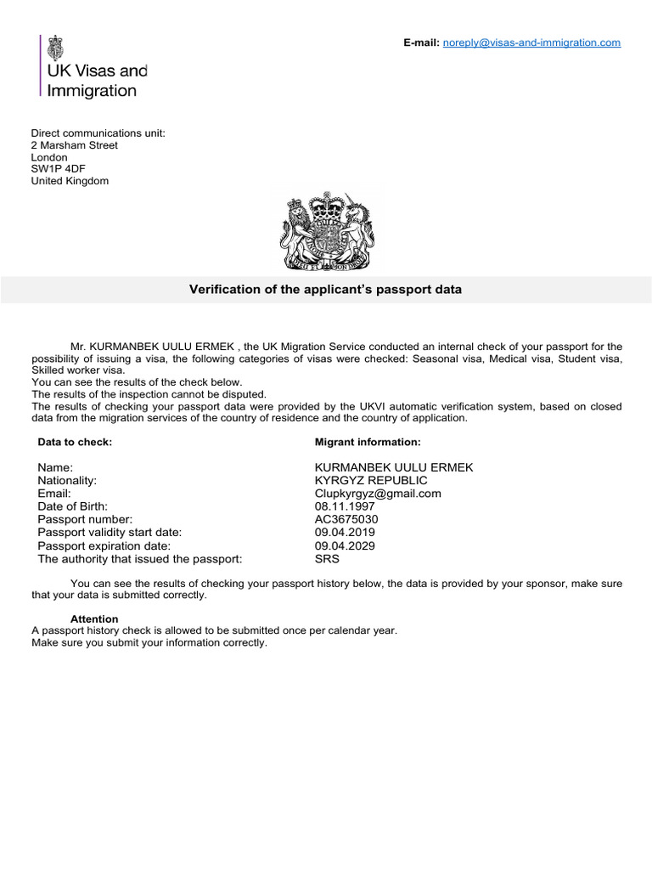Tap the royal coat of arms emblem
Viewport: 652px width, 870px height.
pyautogui.click(x=327, y=230)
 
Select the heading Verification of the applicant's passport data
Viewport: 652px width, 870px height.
pyautogui.click(x=325, y=290)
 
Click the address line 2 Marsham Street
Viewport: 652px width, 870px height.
pyautogui.click(x=75, y=145)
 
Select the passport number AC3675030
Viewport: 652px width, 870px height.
pyautogui.click(x=346, y=519)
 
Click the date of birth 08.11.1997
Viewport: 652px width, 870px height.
pyautogui.click(x=345, y=506)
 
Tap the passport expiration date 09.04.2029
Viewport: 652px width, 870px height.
pyautogui.click(x=345, y=545)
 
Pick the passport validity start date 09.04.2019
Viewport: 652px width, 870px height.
pyautogui.click(x=345, y=533)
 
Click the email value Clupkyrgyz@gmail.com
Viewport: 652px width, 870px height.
pyautogui.click(x=378, y=494)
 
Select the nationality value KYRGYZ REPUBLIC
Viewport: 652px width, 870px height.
pyautogui.click(x=371, y=481)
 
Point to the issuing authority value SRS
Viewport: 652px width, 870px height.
pyautogui.click(x=327, y=559)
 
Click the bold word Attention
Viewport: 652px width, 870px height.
pyautogui.click(x=94, y=619)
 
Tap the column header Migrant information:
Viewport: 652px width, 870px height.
pyautogui.click(x=367, y=442)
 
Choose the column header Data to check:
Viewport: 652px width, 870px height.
pyautogui.click(x=75, y=442)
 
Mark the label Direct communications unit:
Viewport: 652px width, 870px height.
pyautogui.click(x=98, y=133)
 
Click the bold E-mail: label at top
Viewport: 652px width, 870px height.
pyautogui.click(x=421, y=42)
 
